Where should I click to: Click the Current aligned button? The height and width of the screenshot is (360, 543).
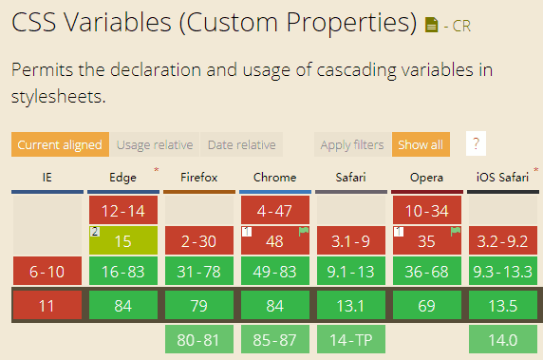(59, 144)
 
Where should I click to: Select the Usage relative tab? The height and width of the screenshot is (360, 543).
(154, 144)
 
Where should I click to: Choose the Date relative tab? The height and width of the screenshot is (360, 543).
(241, 144)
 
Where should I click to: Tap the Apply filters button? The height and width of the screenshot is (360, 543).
(351, 144)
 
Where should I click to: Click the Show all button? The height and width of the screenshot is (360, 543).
(421, 144)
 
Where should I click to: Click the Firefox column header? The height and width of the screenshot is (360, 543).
(199, 177)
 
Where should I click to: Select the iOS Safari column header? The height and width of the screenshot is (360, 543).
(502, 177)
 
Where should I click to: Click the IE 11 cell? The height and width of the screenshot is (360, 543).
(47, 305)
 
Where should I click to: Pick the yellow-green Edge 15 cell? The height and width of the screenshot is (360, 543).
(123, 241)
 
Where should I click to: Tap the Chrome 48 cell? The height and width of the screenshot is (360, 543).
(274, 241)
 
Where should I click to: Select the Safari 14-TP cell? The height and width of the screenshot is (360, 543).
(350, 339)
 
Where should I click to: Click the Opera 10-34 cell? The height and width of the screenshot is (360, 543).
(427, 210)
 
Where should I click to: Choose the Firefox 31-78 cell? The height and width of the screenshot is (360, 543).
(198, 273)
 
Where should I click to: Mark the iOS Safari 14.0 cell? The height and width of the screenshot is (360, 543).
(502, 339)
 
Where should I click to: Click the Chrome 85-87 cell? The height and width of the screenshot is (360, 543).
(274, 339)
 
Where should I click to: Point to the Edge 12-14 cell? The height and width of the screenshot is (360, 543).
(123, 210)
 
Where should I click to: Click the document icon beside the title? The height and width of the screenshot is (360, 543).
(432, 24)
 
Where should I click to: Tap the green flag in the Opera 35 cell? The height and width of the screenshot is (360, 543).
(456, 231)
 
